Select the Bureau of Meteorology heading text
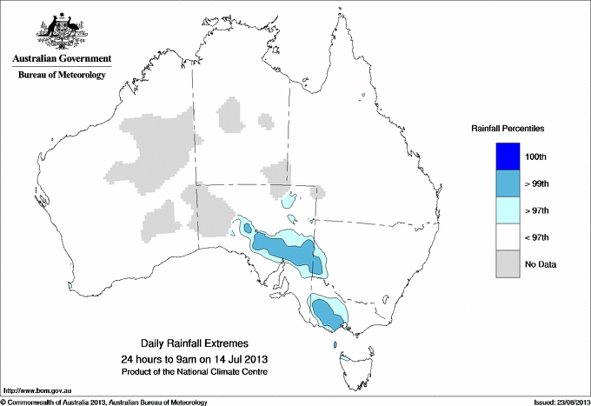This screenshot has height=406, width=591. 62,76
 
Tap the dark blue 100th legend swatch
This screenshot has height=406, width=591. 508,156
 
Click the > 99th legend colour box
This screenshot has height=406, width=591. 508,183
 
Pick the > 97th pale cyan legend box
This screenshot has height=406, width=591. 508,210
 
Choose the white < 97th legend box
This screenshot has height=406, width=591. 508,237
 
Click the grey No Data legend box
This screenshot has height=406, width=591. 508,264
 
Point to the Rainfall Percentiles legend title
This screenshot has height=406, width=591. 508,129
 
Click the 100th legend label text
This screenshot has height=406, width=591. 536,156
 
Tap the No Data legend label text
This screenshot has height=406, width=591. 541,264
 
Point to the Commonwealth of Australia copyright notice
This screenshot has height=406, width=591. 104,402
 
